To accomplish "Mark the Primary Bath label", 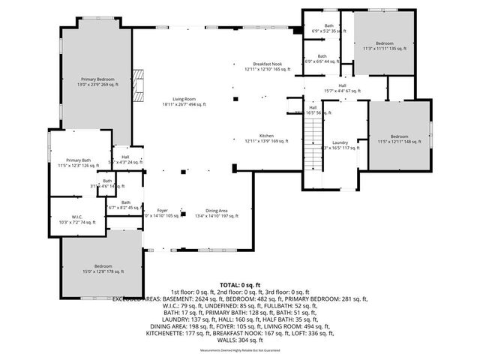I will tap(78, 163).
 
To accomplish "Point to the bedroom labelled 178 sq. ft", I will tap(103, 268).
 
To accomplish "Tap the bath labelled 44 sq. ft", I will tap(322, 58).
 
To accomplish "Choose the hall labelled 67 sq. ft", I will tap(342, 88).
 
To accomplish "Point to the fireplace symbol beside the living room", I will tap(137, 78).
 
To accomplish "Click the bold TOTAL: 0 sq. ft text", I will tap(239, 285).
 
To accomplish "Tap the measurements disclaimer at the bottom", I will tap(239, 350).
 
